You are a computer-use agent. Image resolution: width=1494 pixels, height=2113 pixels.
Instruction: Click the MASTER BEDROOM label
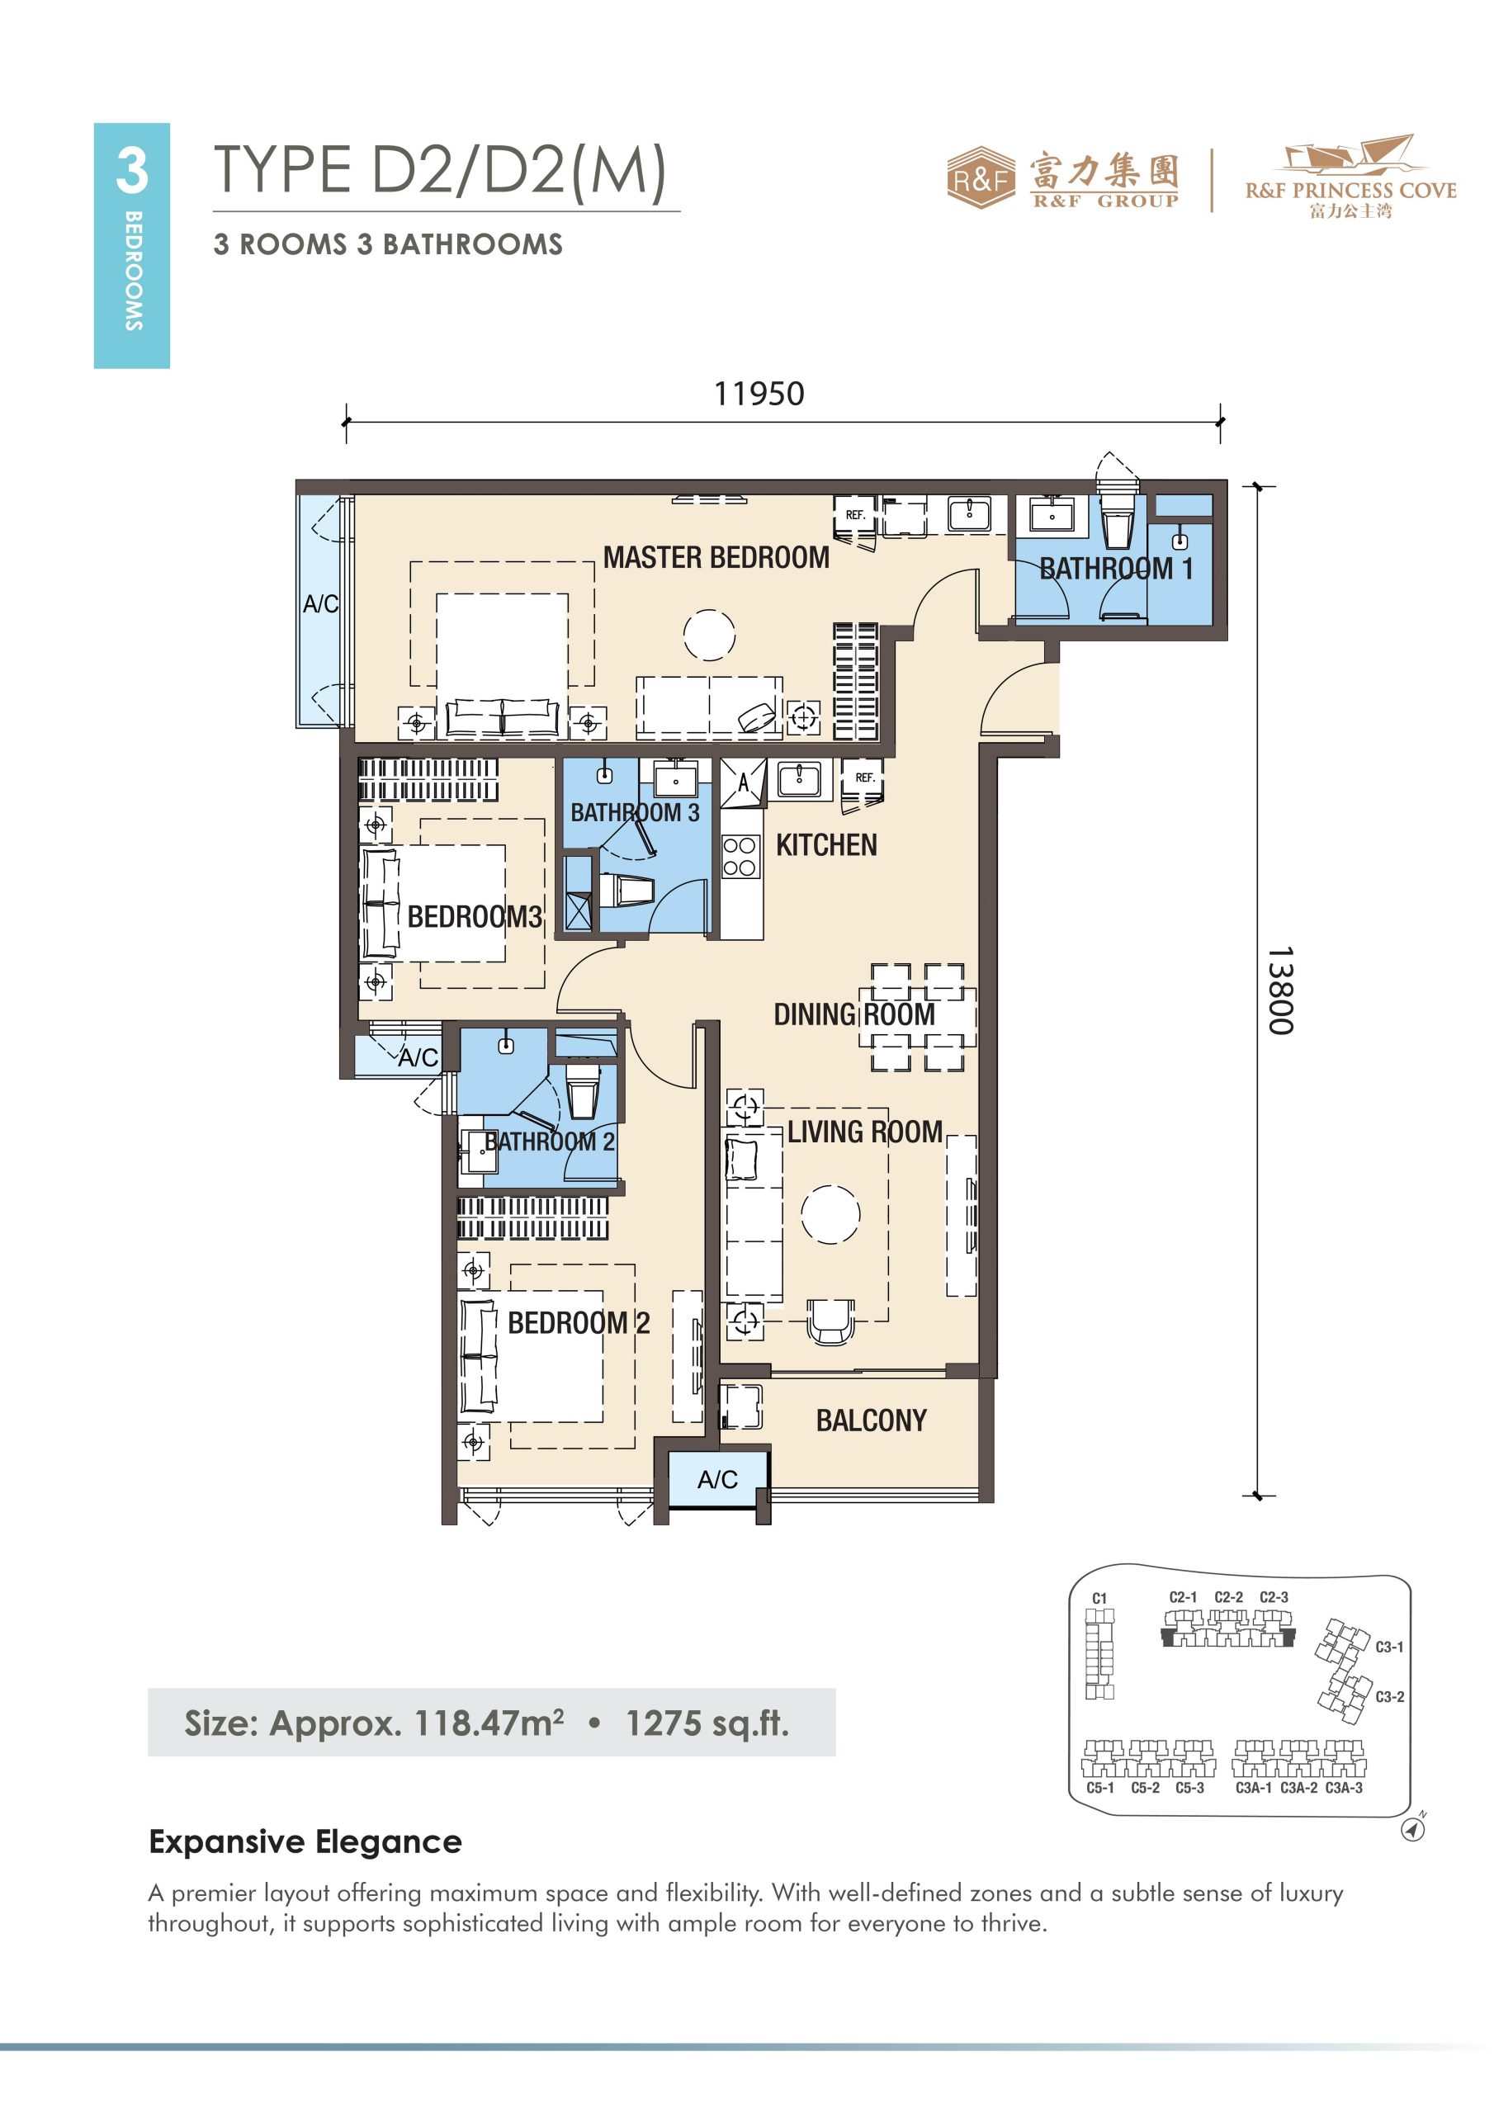pos(716,558)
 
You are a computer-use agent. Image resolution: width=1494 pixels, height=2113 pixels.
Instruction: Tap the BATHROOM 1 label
pos(1116,569)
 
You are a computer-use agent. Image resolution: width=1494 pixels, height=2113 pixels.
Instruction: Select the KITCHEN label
pos(825,845)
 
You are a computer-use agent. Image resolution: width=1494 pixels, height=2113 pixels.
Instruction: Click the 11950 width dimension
pos(759,394)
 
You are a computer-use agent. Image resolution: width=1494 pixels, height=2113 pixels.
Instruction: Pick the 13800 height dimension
pos(1279,990)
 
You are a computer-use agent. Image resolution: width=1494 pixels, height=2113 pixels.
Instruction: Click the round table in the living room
pos(830,1214)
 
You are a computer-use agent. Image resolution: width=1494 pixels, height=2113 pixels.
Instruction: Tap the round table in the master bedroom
pos(709,635)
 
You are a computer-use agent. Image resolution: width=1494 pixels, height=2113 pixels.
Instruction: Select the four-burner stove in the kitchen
pos(740,856)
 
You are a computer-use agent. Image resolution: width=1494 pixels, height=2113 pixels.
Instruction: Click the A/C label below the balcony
pos(717,1480)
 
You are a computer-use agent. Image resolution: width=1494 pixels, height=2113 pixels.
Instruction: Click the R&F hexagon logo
pos(981,177)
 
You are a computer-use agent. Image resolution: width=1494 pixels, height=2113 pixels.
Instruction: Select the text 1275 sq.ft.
pos(707,1723)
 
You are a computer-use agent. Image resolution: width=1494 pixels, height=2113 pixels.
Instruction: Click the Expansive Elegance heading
pos(305,1841)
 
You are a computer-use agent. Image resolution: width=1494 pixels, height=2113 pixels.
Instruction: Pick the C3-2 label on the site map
pos(1390,1696)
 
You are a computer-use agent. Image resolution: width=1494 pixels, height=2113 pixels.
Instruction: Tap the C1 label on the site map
pos(1099,1599)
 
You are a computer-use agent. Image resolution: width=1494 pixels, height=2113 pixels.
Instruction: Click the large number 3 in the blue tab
pos(131,171)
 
